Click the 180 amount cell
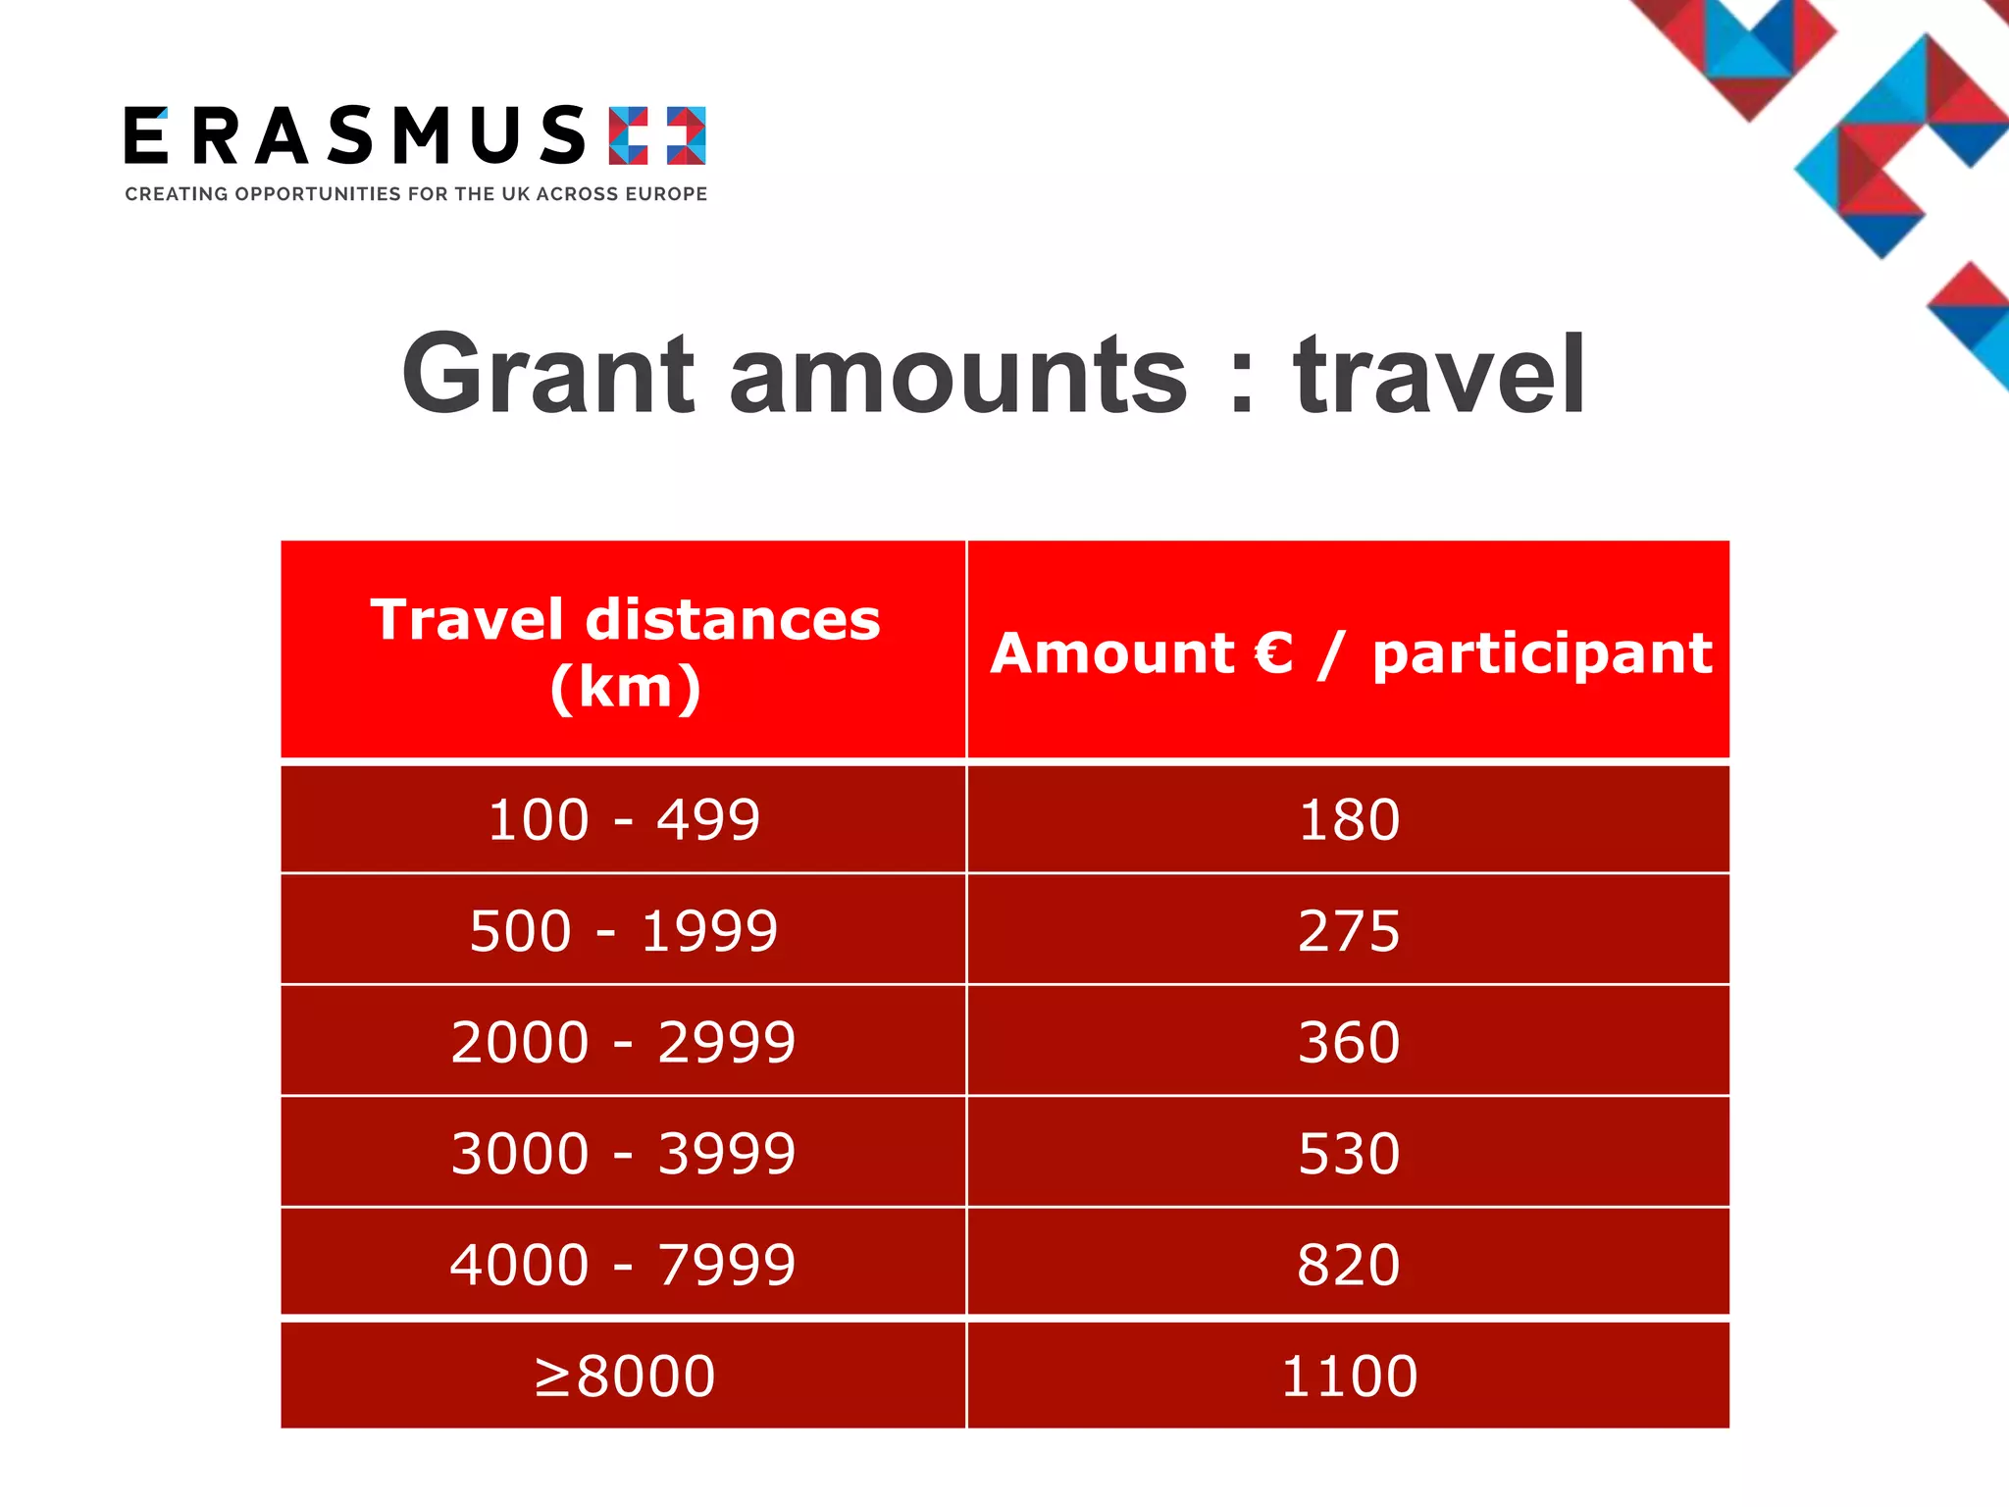(x=1348, y=819)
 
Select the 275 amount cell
(x=1348, y=930)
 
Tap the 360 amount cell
(x=1348, y=1041)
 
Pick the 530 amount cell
(x=1348, y=1153)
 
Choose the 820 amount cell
(x=1348, y=1264)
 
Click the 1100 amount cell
(x=1348, y=1375)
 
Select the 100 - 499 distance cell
(x=624, y=819)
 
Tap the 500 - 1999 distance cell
(x=624, y=930)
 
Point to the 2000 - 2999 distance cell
(x=624, y=1041)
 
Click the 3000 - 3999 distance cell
(x=624, y=1153)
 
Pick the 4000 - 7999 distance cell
(x=624, y=1264)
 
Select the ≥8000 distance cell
(x=624, y=1375)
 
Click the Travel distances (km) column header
(x=625, y=652)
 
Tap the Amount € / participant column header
(x=1350, y=652)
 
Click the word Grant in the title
(x=548, y=375)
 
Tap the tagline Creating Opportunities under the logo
(x=416, y=194)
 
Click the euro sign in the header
(x=1273, y=652)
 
